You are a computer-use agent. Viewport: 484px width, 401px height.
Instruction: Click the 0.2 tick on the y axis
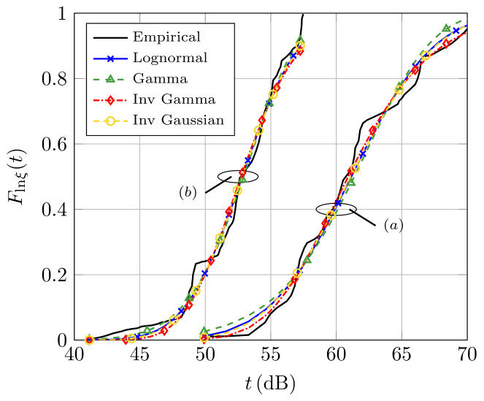click(x=55, y=275)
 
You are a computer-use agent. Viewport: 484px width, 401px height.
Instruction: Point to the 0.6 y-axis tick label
click(x=55, y=145)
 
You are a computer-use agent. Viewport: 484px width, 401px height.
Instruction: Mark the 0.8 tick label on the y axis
click(x=55, y=79)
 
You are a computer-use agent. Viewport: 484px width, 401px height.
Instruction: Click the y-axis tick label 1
click(x=61, y=14)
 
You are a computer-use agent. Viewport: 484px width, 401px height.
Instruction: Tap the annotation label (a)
click(x=393, y=226)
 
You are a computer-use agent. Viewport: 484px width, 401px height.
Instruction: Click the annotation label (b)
click(x=189, y=192)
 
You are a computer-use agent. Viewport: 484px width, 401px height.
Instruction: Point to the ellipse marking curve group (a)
click(x=336, y=209)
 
